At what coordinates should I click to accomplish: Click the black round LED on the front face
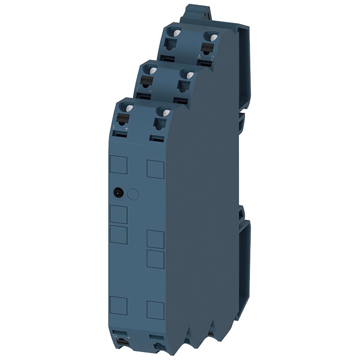[x=118, y=192]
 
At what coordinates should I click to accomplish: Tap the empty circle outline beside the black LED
[x=133, y=194]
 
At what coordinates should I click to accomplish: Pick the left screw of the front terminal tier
[x=129, y=108]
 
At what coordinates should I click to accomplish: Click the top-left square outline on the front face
[x=118, y=164]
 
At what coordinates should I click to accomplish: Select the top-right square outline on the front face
[x=155, y=169]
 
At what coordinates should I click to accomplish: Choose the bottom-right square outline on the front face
[x=155, y=310]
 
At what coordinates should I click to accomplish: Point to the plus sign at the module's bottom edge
[x=128, y=338]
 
